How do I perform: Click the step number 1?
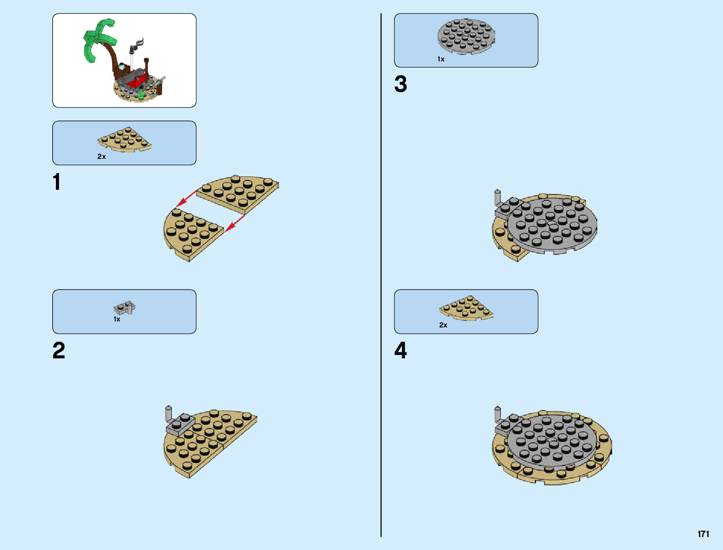coord(57,182)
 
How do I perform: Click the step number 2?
coord(59,351)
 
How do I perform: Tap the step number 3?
coord(401,84)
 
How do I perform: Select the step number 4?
coord(401,351)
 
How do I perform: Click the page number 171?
coord(703,534)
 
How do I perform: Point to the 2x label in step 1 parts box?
coord(102,157)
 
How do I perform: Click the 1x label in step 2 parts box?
coord(117,319)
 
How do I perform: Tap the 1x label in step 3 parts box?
coord(441,59)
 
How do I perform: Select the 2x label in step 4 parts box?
coord(443,325)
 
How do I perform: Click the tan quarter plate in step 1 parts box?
coord(124,139)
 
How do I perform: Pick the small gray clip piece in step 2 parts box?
coord(124,308)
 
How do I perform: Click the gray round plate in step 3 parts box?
coord(466,36)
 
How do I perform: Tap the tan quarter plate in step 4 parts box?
coord(466,308)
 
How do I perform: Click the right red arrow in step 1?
coord(235,222)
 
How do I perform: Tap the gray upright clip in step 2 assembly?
coord(169,414)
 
